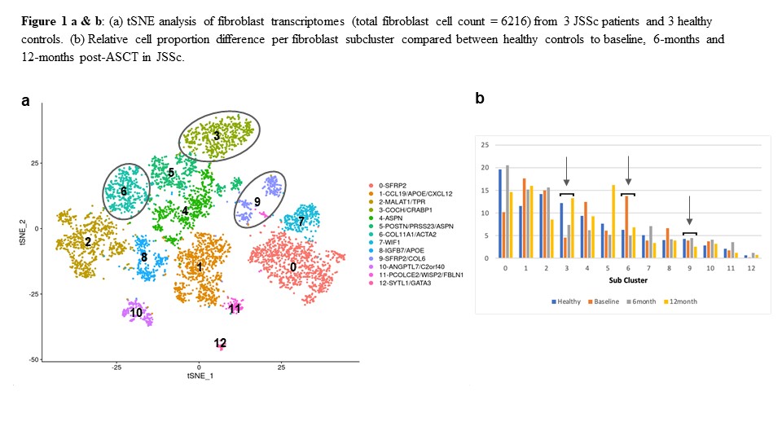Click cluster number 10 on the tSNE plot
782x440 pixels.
(x=136, y=312)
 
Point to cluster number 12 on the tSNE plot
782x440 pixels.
(x=220, y=342)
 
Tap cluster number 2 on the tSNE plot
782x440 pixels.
(x=87, y=242)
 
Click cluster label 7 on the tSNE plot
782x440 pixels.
(x=301, y=221)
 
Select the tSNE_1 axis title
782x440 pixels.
(x=200, y=376)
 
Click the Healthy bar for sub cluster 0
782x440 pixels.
(x=500, y=213)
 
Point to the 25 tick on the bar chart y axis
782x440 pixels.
(x=485, y=145)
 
